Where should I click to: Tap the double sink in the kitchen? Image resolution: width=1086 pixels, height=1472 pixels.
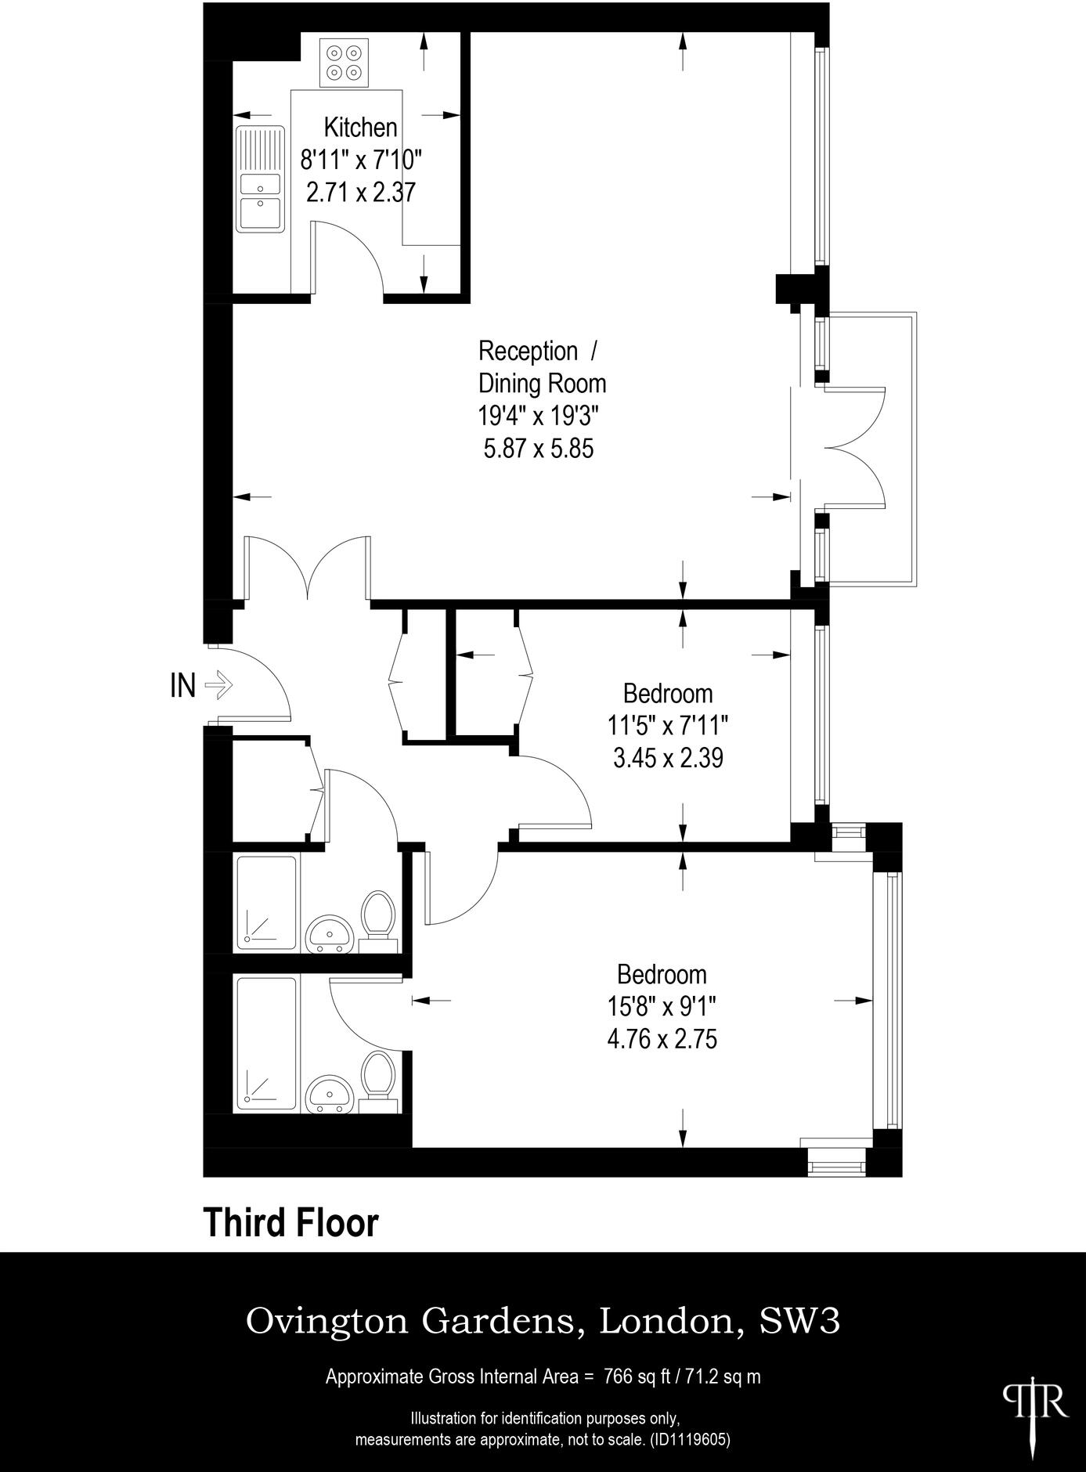point(261,179)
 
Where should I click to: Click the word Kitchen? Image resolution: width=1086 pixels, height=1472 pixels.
point(360,127)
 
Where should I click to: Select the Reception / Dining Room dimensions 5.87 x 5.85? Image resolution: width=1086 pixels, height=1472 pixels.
point(539,449)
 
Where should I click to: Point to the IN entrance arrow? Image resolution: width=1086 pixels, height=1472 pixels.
point(218,685)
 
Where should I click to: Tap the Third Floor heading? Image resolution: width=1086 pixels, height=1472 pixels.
point(290,1222)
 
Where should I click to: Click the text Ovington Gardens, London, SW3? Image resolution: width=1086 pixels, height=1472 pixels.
point(543,1321)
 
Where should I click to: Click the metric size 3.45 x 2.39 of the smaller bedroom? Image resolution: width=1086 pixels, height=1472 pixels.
point(668,758)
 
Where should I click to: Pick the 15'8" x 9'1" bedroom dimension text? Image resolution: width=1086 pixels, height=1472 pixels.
point(662,1006)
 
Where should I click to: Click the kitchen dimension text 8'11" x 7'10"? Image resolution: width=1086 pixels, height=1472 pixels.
point(361,160)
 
